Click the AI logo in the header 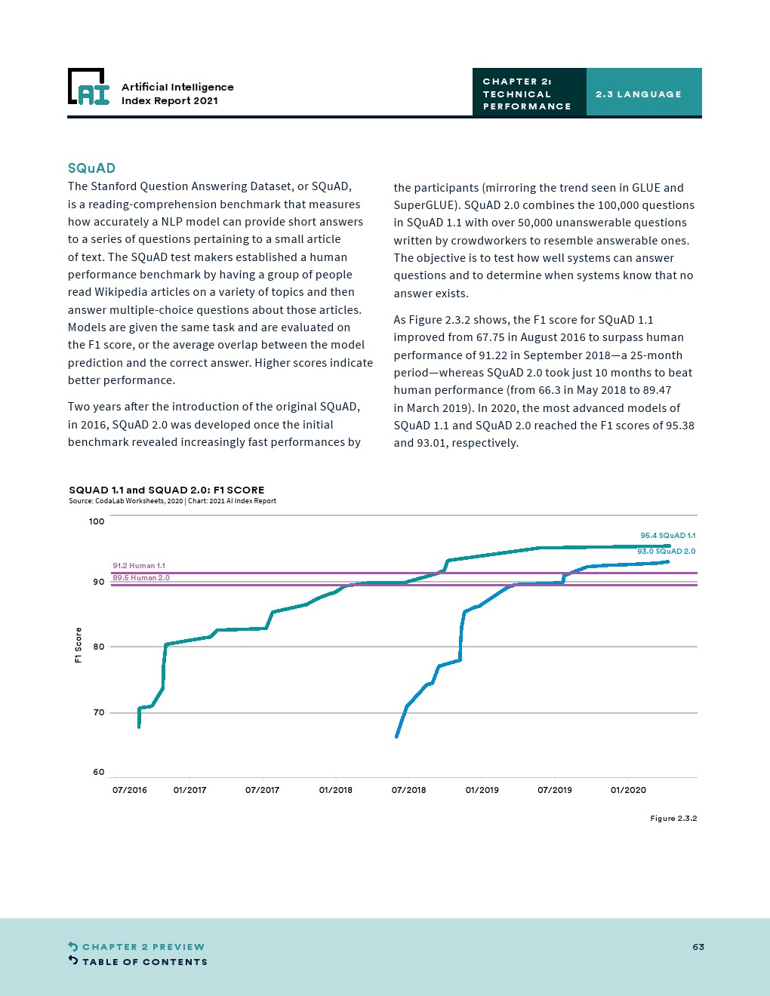[x=88, y=88]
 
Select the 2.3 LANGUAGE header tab [x=638, y=94]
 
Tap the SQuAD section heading [x=91, y=168]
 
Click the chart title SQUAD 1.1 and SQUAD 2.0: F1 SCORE [x=166, y=490]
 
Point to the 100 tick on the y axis [x=97, y=521]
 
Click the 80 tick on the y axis [x=98, y=647]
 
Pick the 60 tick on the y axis [x=98, y=772]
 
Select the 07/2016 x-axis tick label [x=130, y=790]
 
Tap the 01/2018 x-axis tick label [x=336, y=790]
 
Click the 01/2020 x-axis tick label [x=628, y=790]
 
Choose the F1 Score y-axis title [x=78, y=645]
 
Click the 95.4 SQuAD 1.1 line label [x=667, y=536]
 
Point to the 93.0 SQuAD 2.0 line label [x=666, y=552]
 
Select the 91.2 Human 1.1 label [x=139, y=565]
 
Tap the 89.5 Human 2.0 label [x=141, y=578]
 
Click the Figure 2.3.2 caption [x=673, y=819]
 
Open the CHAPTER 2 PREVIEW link [x=143, y=947]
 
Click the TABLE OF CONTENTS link [x=144, y=962]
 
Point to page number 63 [x=698, y=947]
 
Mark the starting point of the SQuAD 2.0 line [x=396, y=736]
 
